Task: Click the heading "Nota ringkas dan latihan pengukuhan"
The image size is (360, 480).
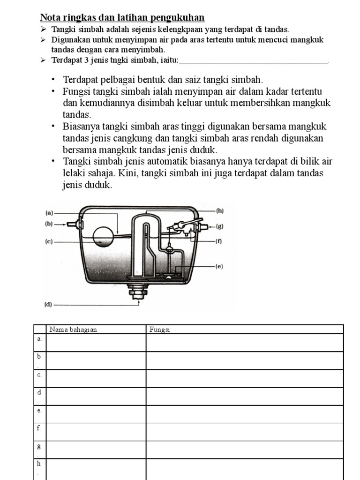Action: pos(122,18)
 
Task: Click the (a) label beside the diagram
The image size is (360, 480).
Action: pos(49,213)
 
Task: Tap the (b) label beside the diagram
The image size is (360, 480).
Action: pos(49,224)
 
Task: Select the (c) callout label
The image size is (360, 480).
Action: pos(49,242)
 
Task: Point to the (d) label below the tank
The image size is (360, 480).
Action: pos(48,304)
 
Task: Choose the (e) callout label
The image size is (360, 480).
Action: pos(219,266)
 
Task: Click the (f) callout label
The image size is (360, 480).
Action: pos(218,242)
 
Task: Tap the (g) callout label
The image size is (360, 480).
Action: pos(219,226)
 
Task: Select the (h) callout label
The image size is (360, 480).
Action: pos(219,211)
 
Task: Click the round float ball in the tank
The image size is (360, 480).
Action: pos(105,237)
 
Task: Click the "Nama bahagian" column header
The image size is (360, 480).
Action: pos(73,330)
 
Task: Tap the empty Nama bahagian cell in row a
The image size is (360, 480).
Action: pos(96,343)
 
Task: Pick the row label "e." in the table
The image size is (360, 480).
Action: pos(39,410)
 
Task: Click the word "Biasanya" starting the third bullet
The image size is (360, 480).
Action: pos(80,127)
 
